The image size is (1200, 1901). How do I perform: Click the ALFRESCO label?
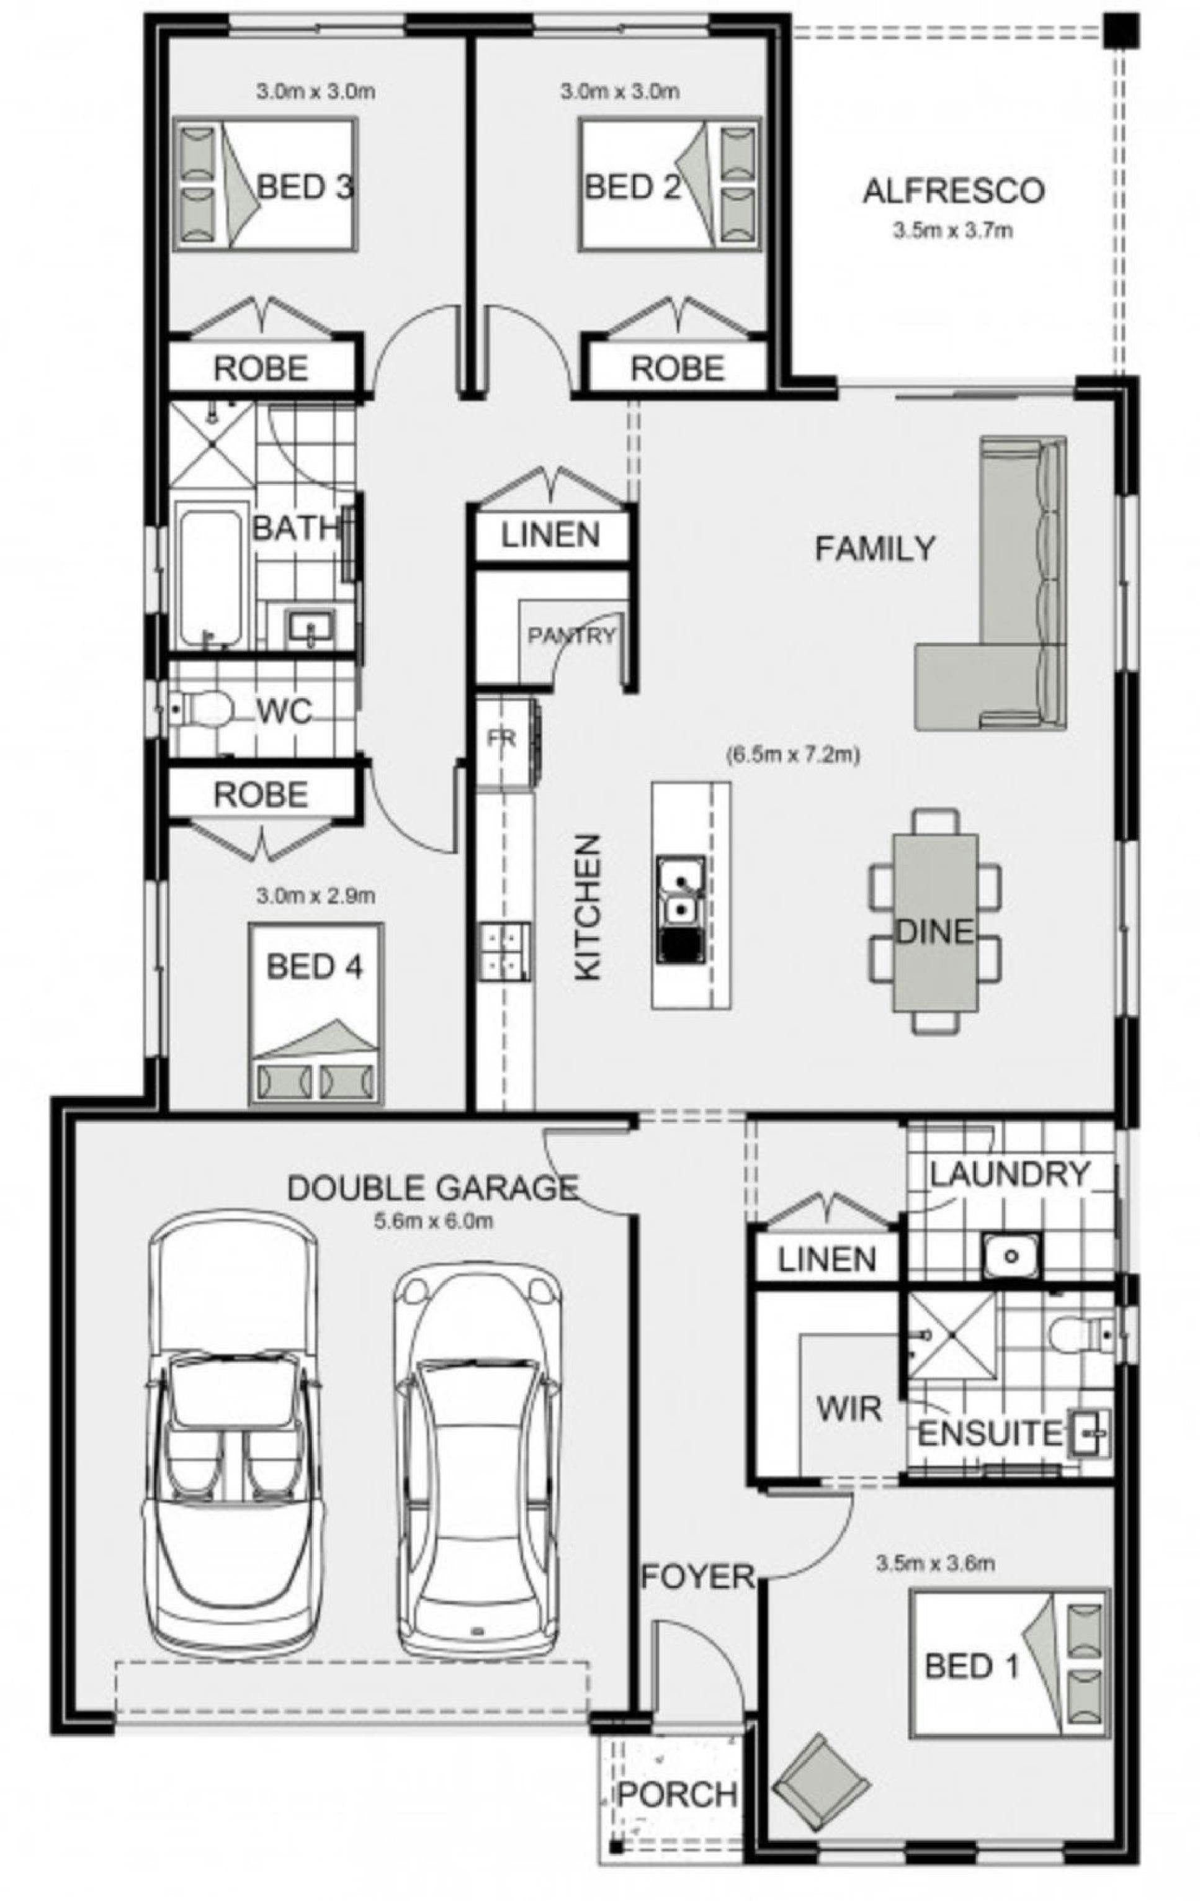coord(953,191)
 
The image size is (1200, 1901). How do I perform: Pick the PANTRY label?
coord(571,636)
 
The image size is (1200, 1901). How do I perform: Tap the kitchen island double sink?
coord(681,909)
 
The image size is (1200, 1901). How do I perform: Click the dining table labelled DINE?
coord(934,921)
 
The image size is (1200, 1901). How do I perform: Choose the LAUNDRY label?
coord(1010,1173)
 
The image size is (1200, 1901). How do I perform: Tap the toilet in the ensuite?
coord(1081,1336)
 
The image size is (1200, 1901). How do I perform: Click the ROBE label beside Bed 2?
coord(676,368)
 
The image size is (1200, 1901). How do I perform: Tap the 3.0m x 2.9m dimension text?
coord(316,896)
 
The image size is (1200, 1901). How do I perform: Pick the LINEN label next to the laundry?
coord(826,1259)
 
